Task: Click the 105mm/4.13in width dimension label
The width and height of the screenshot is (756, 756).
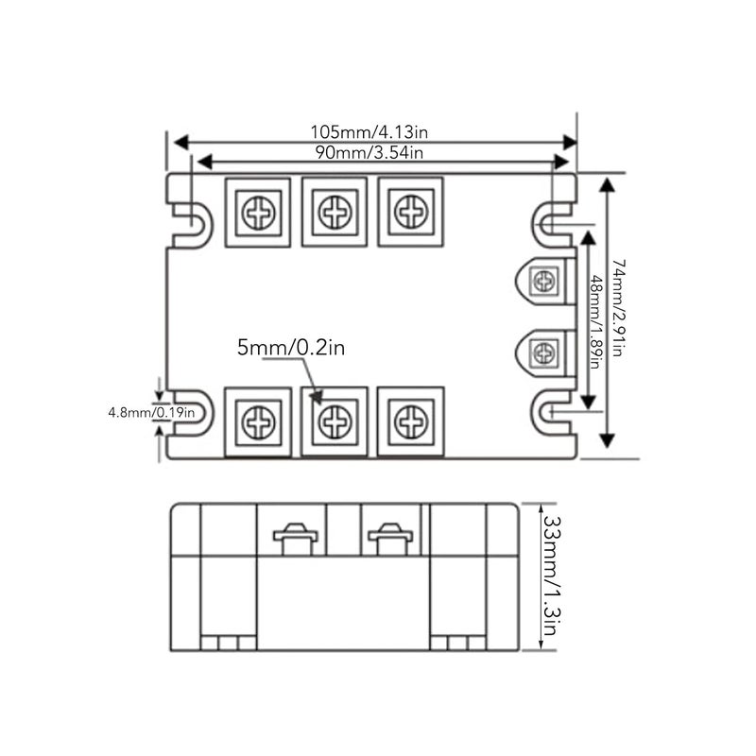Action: (369, 131)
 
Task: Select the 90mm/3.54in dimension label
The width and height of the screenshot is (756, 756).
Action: (369, 152)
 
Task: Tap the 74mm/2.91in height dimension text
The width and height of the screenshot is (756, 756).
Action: (619, 308)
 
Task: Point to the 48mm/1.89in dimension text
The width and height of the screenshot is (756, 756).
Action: (597, 321)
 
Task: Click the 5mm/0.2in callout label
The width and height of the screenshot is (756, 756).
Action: (291, 347)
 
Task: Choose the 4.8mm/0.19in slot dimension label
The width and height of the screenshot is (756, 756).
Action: (151, 413)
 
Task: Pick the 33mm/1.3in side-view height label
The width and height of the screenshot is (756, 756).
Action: (551, 576)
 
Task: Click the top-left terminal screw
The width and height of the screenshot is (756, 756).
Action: (258, 212)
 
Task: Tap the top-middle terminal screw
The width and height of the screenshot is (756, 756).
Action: (335, 212)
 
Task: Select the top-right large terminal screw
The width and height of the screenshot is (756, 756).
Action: (411, 212)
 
